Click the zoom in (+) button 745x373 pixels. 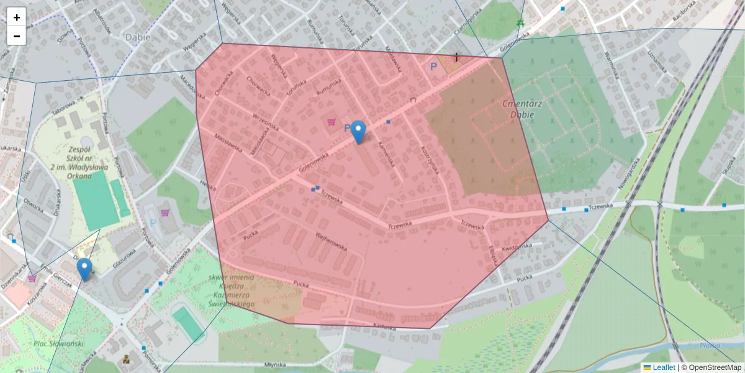pyautogui.click(x=17, y=17)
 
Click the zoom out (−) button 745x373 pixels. pyautogui.click(x=17, y=35)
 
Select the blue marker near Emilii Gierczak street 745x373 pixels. pyautogui.click(x=84, y=269)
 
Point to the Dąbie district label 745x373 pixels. pyautogui.click(x=138, y=37)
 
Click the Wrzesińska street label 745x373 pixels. pyautogui.click(x=266, y=124)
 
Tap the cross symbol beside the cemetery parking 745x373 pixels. pyautogui.click(x=457, y=57)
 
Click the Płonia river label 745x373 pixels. pyautogui.click(x=709, y=346)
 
